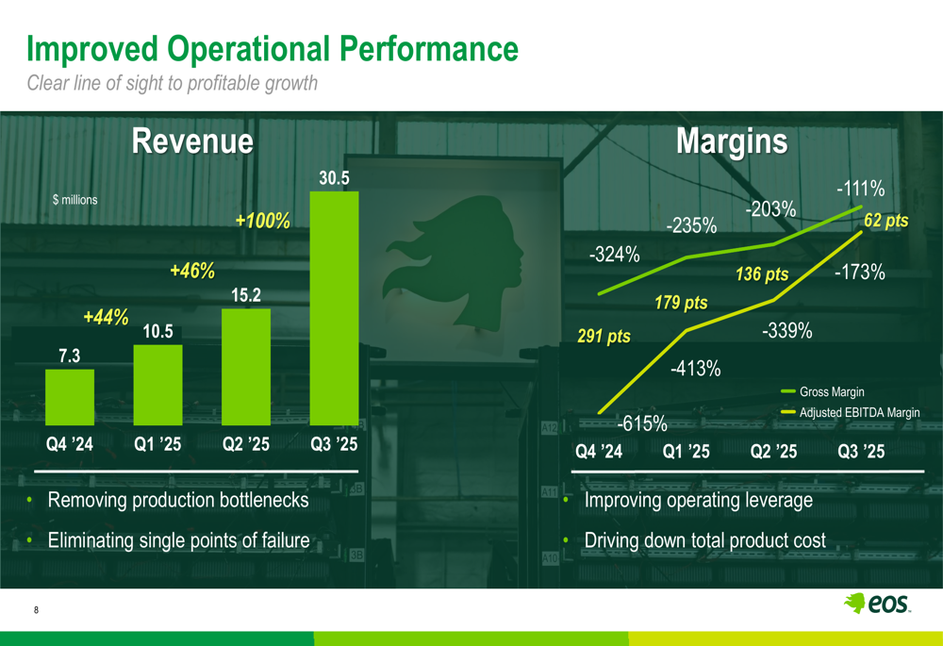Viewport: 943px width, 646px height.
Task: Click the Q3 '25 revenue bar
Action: pyautogui.click(x=334, y=308)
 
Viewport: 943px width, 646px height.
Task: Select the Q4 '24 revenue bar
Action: pyautogui.click(x=70, y=397)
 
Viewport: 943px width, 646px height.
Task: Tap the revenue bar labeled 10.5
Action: pyautogui.click(x=157, y=385)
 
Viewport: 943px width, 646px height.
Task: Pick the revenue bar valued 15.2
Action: pyautogui.click(x=245, y=367)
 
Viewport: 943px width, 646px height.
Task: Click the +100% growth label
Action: pyautogui.click(x=262, y=222)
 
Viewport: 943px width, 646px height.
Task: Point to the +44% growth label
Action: pyautogui.click(x=106, y=318)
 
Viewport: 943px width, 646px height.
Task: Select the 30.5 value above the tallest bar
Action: pyautogui.click(x=334, y=177)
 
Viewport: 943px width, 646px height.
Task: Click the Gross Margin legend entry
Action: pyautogui.click(x=831, y=392)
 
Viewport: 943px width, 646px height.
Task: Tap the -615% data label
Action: pyautogui.click(x=642, y=423)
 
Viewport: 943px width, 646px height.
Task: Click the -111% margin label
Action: pyautogui.click(x=859, y=190)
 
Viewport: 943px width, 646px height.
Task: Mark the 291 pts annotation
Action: pyautogui.click(x=604, y=337)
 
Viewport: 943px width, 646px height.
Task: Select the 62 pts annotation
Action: pyautogui.click(x=885, y=221)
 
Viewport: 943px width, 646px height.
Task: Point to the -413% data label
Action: pyautogui.click(x=696, y=369)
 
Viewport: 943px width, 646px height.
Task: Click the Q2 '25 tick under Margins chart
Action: pyautogui.click(x=773, y=452)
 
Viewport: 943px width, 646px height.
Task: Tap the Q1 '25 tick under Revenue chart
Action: pyautogui.click(x=157, y=445)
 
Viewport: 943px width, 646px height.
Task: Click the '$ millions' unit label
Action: pyautogui.click(x=74, y=200)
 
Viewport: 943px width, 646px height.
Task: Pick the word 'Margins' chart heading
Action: pyautogui.click(x=731, y=141)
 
